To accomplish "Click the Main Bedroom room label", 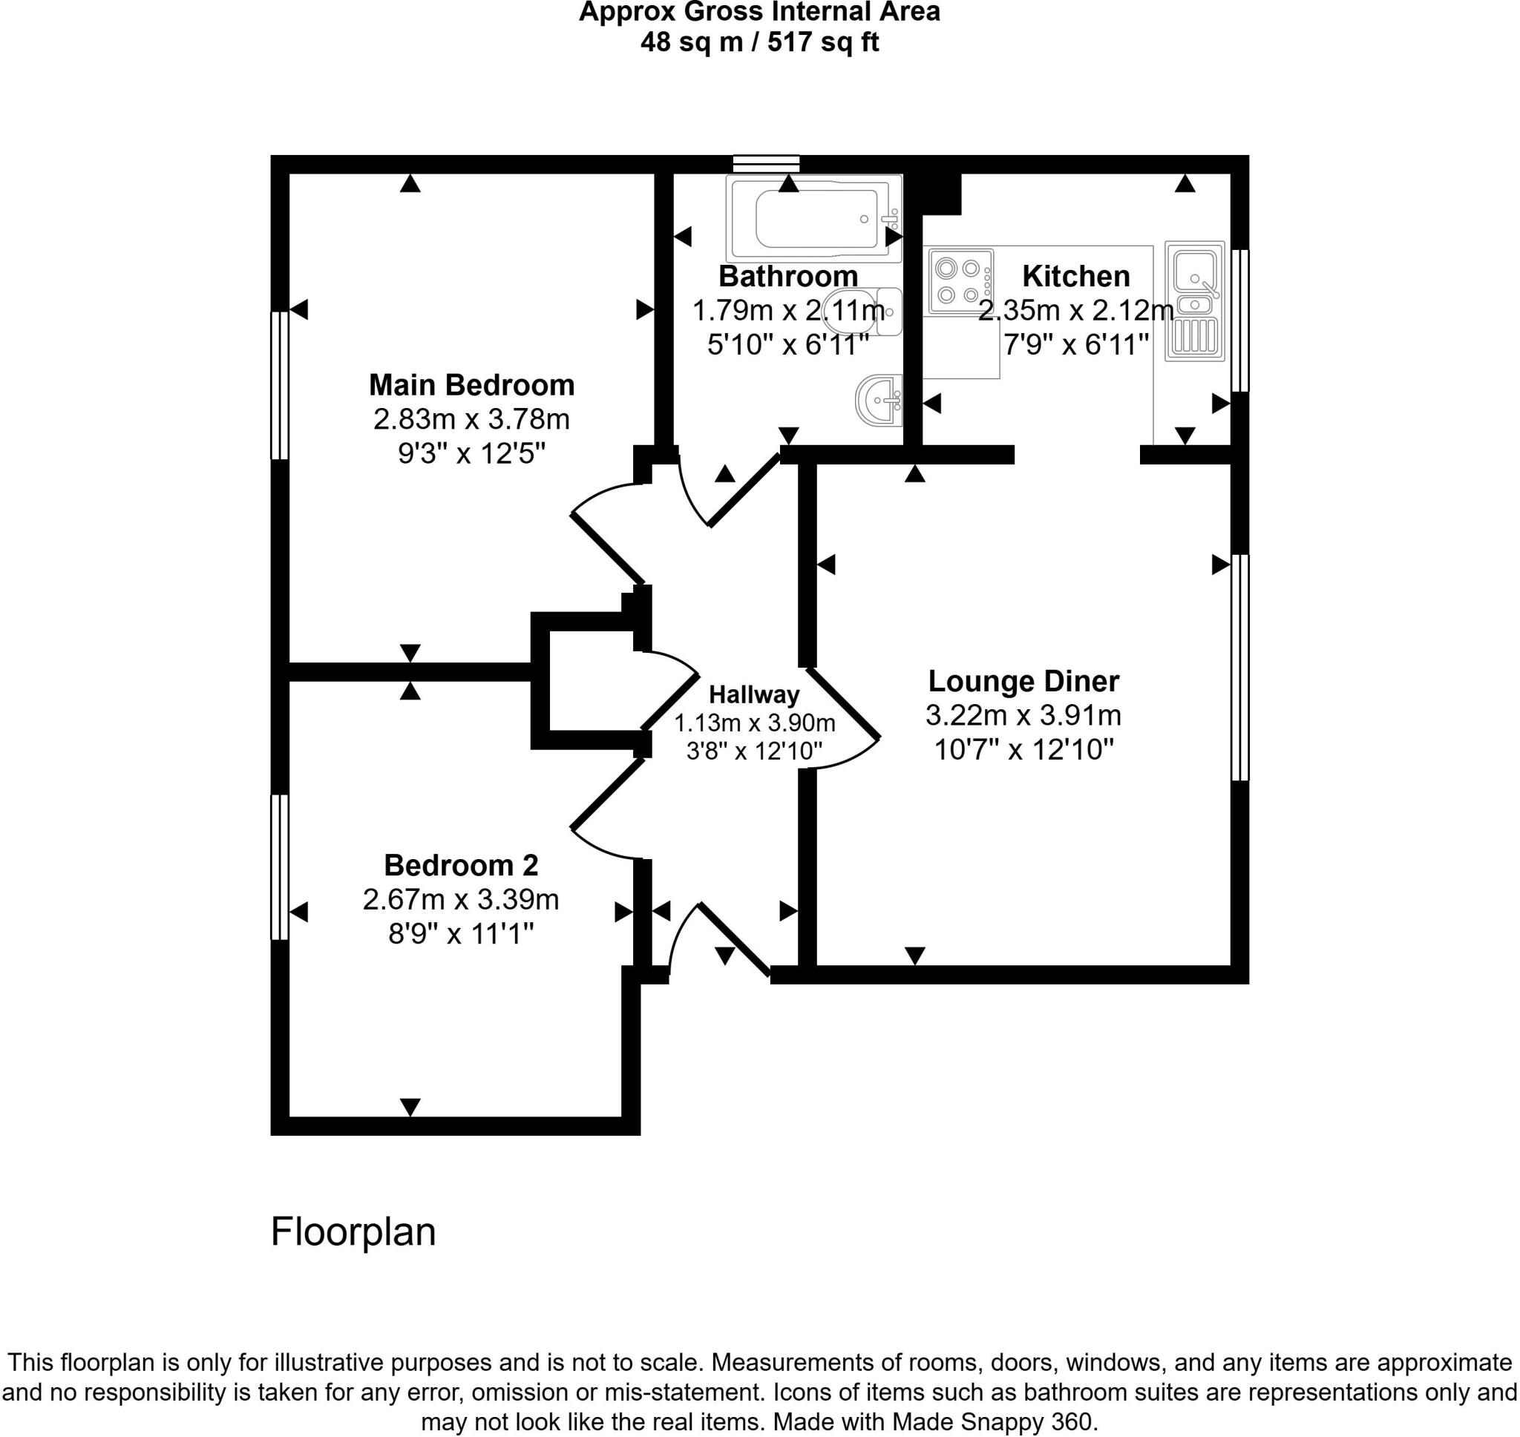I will [471, 384].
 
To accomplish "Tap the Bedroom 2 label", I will [460, 865].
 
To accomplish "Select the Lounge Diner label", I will [1023, 681].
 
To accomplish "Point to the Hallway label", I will [754, 694].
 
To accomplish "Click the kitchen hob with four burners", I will [958, 281].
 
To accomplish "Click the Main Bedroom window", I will [280, 384].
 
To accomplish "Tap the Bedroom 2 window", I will [280, 867].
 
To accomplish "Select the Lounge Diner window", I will [1239, 667].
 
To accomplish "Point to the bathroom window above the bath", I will [765, 163].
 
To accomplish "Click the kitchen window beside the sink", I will [1239, 320].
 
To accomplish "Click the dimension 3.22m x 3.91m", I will [1023, 715].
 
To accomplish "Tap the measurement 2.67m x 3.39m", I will [460, 899].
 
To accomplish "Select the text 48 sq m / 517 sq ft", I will [759, 42].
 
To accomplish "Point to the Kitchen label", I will [1075, 276].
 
